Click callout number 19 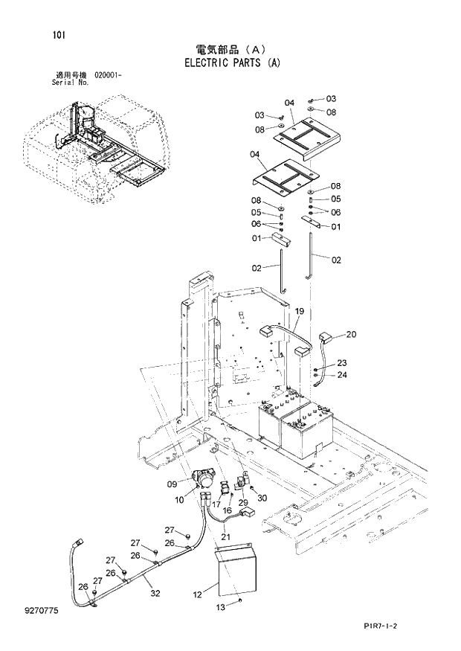point(300,310)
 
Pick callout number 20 point(351,334)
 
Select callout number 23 point(341,363)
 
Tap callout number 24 point(341,375)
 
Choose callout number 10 point(179,500)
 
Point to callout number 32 point(155,593)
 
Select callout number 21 point(225,536)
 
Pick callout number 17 point(216,504)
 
